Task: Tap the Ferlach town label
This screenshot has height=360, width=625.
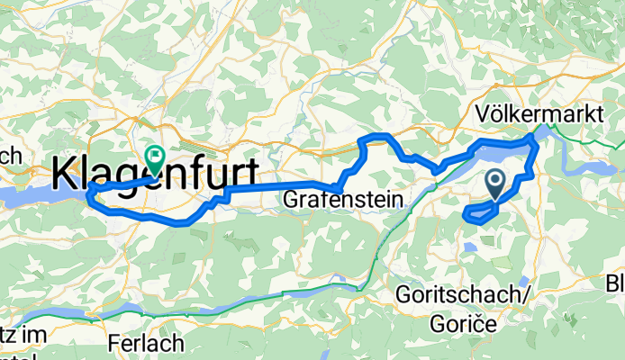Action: (x=145, y=343)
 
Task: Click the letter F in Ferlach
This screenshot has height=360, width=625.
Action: (x=114, y=343)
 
